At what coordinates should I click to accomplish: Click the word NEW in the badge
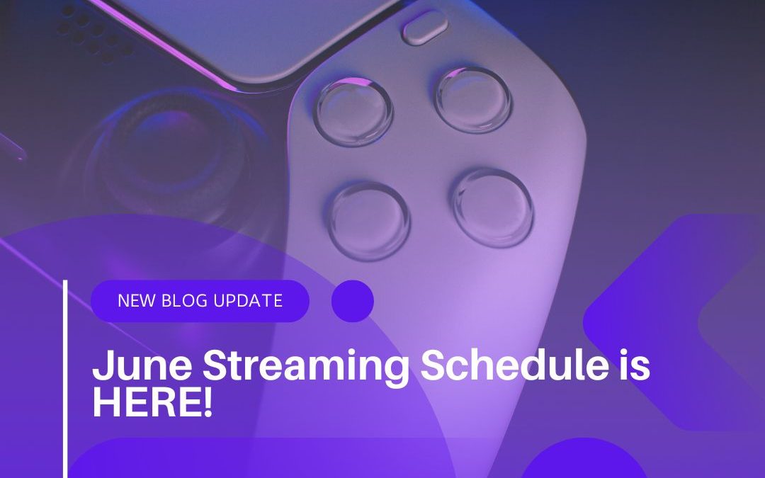133,300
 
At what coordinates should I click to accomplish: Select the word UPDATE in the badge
247,300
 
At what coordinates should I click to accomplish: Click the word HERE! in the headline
152,402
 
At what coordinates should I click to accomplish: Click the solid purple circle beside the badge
352,301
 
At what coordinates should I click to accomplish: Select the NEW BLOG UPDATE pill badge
200,301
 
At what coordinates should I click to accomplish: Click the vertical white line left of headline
65,379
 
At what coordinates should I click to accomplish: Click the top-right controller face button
473,99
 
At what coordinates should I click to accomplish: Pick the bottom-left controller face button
369,219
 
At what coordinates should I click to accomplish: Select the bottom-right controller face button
492,207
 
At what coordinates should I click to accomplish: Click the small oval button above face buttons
424,29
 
